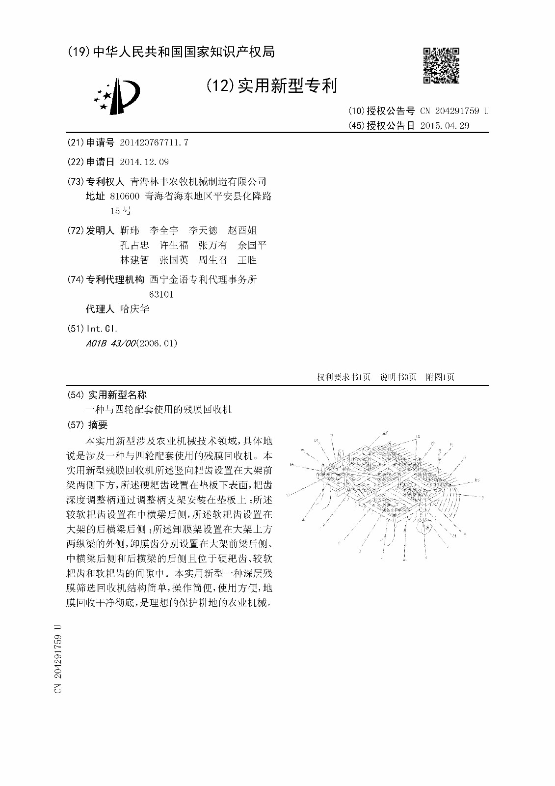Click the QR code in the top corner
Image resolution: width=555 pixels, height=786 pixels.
[x=441, y=65]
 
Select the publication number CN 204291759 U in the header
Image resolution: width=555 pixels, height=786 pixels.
[x=454, y=111]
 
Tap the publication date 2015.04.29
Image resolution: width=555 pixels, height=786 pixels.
[x=445, y=126]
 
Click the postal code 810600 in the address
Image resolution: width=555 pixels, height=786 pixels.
[x=125, y=196]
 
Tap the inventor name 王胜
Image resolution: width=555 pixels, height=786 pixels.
[x=247, y=260]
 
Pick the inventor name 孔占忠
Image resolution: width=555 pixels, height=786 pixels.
[x=134, y=245]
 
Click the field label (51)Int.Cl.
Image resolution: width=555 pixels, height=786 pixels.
[x=92, y=329]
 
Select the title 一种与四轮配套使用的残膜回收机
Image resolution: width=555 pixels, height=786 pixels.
[x=159, y=409]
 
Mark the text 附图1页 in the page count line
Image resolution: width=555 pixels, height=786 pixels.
[x=440, y=377]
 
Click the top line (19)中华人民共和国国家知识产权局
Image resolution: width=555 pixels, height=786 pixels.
[x=170, y=52]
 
